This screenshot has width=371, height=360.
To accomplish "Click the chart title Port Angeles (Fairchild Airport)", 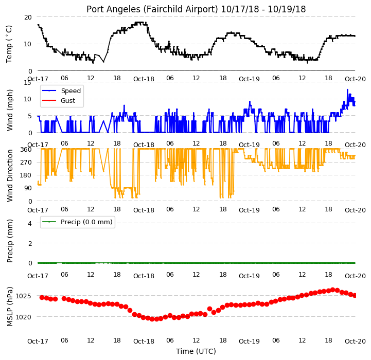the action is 152,9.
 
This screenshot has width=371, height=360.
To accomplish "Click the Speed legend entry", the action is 62,91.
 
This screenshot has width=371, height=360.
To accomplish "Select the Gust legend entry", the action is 59,100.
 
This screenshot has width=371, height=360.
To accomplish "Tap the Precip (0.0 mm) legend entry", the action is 77,222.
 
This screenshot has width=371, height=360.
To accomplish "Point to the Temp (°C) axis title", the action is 9,44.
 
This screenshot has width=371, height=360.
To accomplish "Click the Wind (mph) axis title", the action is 10,110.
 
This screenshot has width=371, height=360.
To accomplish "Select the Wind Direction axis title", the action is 10,175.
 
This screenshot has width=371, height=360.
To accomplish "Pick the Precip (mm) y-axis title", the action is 10,241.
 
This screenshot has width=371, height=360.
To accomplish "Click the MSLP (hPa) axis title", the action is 10,307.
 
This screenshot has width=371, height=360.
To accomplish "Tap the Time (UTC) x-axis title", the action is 196,351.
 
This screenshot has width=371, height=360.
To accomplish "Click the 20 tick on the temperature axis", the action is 28,17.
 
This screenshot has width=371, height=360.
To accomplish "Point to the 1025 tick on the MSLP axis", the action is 23,296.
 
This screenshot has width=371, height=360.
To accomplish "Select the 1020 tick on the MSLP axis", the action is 23,317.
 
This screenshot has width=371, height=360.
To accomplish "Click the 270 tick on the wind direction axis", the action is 27,163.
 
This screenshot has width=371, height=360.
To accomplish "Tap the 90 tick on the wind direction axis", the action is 28,188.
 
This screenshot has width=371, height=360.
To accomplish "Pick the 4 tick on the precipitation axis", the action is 30,223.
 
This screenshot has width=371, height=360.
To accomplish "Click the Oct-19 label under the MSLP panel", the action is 249,341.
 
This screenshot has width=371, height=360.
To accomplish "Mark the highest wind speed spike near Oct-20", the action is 347,89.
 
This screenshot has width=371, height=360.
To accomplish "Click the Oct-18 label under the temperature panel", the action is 144,79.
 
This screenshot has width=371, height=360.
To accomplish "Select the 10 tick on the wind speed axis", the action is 28,99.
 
